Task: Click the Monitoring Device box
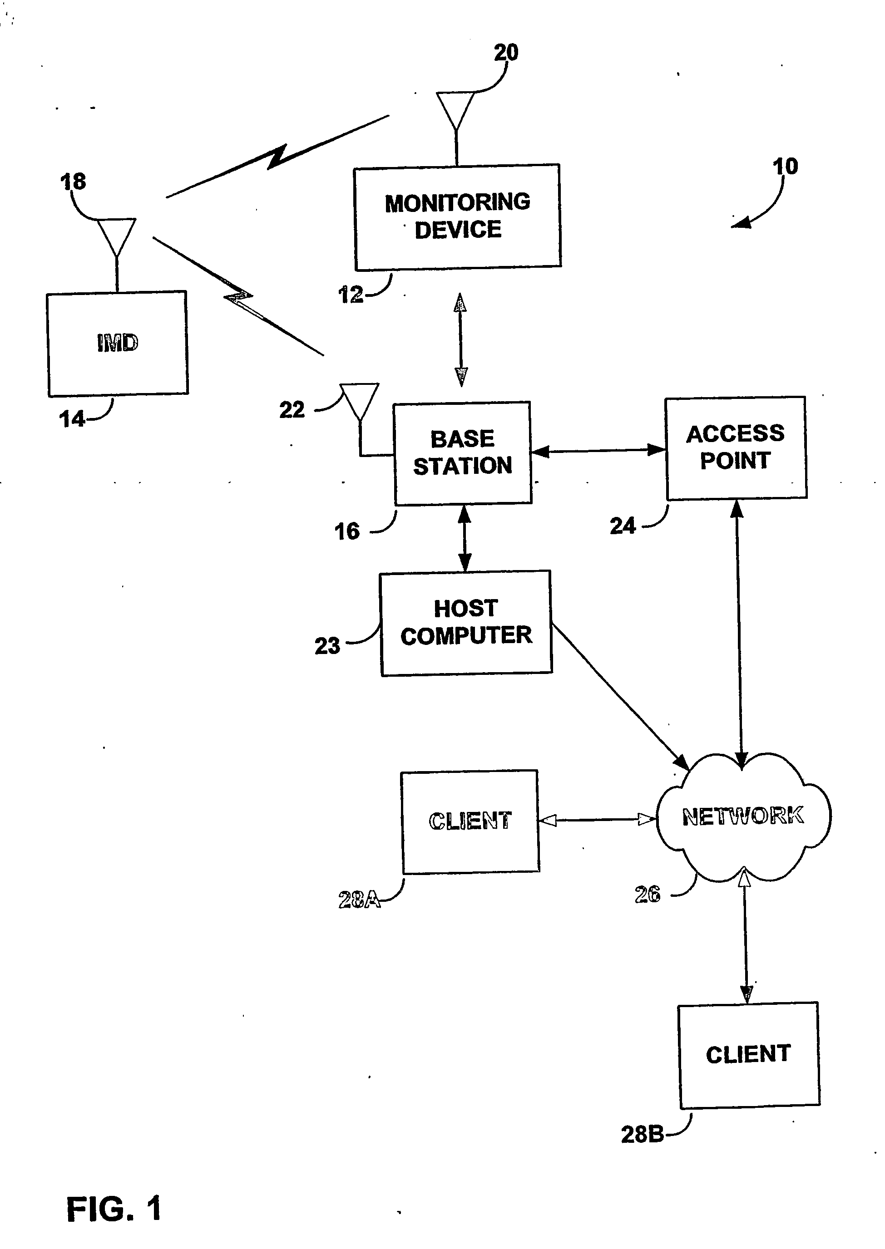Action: point(457,217)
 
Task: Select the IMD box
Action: point(118,344)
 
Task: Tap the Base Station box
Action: point(463,453)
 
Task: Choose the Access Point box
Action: point(736,448)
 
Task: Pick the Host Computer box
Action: point(466,623)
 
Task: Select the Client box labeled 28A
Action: point(470,821)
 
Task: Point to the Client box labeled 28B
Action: point(749,1055)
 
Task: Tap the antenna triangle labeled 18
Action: point(117,237)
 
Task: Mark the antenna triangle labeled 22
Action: point(360,402)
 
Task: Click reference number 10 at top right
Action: point(785,166)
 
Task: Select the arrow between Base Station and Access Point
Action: point(598,451)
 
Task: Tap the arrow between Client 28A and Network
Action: point(597,820)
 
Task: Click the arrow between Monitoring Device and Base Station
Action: point(460,339)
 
